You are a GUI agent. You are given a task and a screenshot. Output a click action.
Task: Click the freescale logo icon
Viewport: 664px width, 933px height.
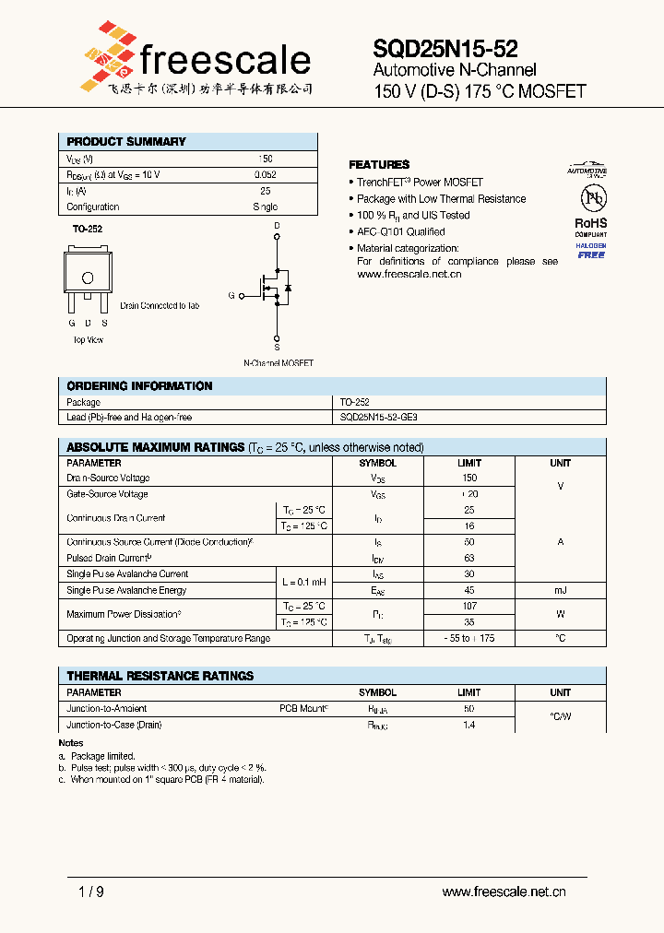pos(106,57)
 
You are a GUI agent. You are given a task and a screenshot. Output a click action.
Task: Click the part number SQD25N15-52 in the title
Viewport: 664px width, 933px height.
pos(445,49)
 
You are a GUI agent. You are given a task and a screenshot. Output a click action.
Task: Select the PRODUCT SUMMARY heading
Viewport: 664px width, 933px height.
pos(126,142)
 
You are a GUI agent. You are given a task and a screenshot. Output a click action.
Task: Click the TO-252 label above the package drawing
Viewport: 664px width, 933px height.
pos(87,229)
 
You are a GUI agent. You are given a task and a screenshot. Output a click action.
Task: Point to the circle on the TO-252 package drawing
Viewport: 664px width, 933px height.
pos(88,278)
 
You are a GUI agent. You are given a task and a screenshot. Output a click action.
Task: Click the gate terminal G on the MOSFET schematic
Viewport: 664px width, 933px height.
pos(232,296)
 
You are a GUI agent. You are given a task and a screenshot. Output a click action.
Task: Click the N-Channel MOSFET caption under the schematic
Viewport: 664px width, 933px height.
pos(278,363)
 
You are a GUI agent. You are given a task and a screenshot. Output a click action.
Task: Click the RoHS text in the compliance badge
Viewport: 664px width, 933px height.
pos(590,223)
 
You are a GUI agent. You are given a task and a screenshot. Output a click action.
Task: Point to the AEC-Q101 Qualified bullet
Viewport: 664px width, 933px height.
pos(400,232)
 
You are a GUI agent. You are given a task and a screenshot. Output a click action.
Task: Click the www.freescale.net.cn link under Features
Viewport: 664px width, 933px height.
pos(409,275)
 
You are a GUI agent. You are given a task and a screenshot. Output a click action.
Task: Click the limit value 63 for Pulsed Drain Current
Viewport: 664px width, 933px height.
pos(468,558)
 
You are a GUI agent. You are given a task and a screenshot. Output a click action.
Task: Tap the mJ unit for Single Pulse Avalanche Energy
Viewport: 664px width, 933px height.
pos(560,590)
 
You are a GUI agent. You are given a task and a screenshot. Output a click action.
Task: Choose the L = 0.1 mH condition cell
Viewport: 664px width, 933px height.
pos(304,582)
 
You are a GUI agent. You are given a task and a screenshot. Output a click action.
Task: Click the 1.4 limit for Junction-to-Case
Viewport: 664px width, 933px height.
pos(468,726)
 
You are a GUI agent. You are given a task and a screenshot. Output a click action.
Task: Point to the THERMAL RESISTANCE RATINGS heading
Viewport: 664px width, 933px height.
pos(160,676)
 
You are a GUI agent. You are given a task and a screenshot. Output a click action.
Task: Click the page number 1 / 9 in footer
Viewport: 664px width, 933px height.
pos(92,892)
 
